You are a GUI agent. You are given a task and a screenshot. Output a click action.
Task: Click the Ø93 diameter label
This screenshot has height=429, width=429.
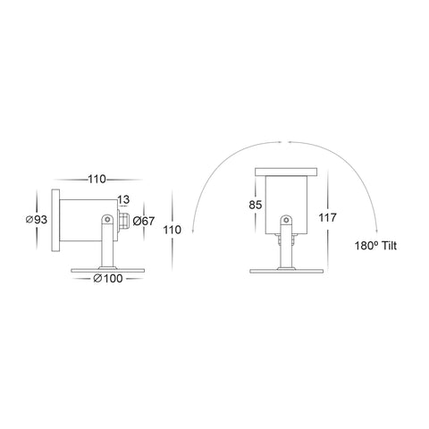(x=37, y=220)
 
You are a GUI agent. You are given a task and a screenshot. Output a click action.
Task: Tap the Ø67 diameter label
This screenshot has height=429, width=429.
(x=144, y=221)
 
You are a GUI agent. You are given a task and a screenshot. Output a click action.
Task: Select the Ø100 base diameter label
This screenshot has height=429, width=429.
(x=108, y=279)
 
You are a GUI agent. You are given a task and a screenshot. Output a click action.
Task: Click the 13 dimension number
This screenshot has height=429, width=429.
(x=123, y=199)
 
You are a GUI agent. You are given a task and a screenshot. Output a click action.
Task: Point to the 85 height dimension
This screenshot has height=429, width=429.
(x=256, y=205)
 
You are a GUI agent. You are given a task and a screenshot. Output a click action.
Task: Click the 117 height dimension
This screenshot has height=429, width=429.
(x=327, y=218)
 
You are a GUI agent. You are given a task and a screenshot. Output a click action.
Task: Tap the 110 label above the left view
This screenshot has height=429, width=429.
(x=97, y=180)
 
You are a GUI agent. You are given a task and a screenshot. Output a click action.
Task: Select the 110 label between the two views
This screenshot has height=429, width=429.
(x=172, y=230)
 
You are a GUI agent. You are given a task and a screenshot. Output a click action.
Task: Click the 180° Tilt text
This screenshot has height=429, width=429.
(x=375, y=246)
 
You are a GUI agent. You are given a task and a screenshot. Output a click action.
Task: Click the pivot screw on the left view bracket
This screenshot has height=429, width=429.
(x=107, y=220)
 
